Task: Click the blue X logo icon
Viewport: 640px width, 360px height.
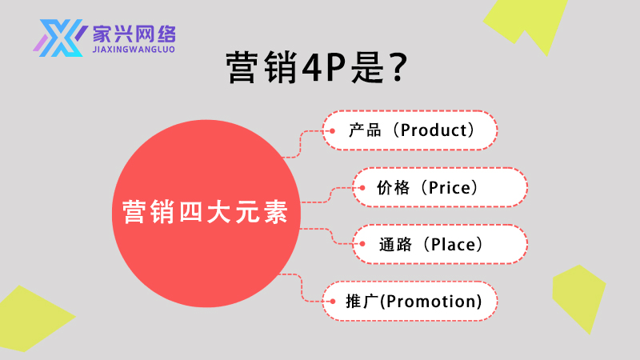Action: pos(61,38)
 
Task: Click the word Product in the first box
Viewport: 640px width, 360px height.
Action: pos(433,130)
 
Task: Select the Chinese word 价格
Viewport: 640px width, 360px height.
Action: pos(394,188)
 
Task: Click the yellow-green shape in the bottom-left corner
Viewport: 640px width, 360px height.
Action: pos(32,320)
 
